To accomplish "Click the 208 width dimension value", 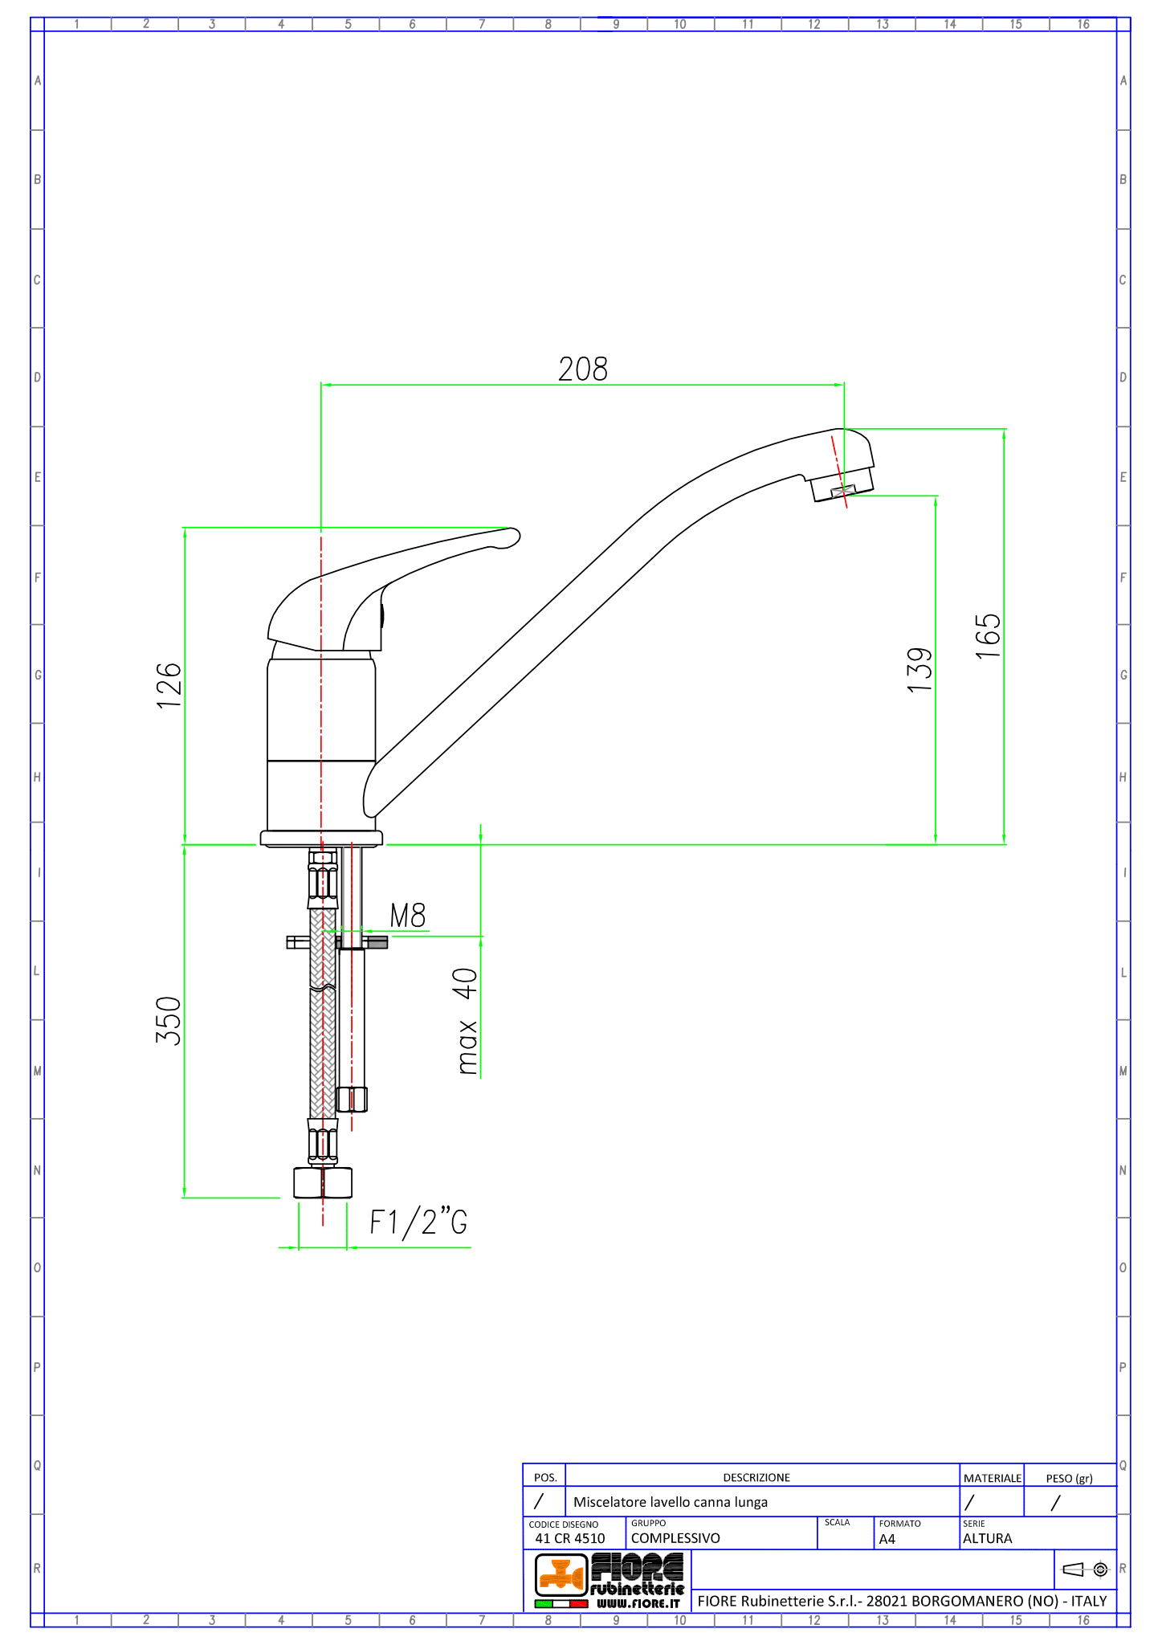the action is click(x=583, y=369).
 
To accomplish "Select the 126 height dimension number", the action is click(x=169, y=685).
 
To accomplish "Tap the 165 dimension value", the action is click(x=989, y=636).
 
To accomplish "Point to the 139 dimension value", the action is click(x=920, y=670).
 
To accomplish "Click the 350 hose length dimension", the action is click(x=169, y=1020).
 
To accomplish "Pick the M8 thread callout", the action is click(x=408, y=916).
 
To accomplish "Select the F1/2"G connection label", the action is click(x=418, y=1222).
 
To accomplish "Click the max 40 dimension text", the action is click(x=467, y=1021).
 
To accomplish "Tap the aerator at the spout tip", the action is click(x=842, y=485).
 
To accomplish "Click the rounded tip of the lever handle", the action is click(x=512, y=537).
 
